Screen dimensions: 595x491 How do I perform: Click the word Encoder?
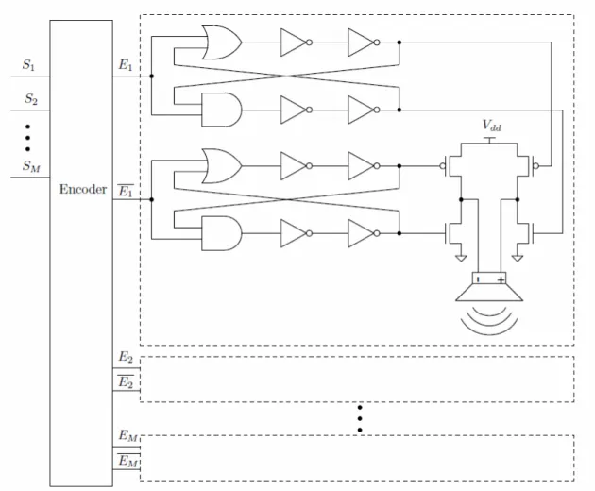pos(83,189)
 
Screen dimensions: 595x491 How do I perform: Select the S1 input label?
pos(28,65)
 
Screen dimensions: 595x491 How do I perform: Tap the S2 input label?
pos(31,99)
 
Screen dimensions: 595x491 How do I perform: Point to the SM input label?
pos(31,166)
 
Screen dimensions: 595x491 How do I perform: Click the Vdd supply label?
pos(492,126)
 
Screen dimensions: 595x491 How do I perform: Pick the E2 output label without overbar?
pos(126,357)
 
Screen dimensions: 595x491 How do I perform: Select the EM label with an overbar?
pos(127,460)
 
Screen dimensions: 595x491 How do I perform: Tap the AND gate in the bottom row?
pos(222,233)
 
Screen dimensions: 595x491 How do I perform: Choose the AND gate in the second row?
pos(222,110)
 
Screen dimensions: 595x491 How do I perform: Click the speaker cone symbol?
pos(489,292)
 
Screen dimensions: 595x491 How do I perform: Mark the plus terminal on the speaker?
pos(501,280)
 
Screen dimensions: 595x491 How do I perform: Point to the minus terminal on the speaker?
pos(478,280)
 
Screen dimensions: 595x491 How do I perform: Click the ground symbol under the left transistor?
pos(461,258)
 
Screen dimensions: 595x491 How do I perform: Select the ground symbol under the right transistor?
pos(518,258)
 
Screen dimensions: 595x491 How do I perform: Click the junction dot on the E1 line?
pos(152,76)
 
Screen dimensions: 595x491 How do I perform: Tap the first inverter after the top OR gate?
pos(297,42)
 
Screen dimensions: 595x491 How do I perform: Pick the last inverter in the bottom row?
pos(364,233)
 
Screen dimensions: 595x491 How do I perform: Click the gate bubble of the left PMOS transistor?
pos(442,166)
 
